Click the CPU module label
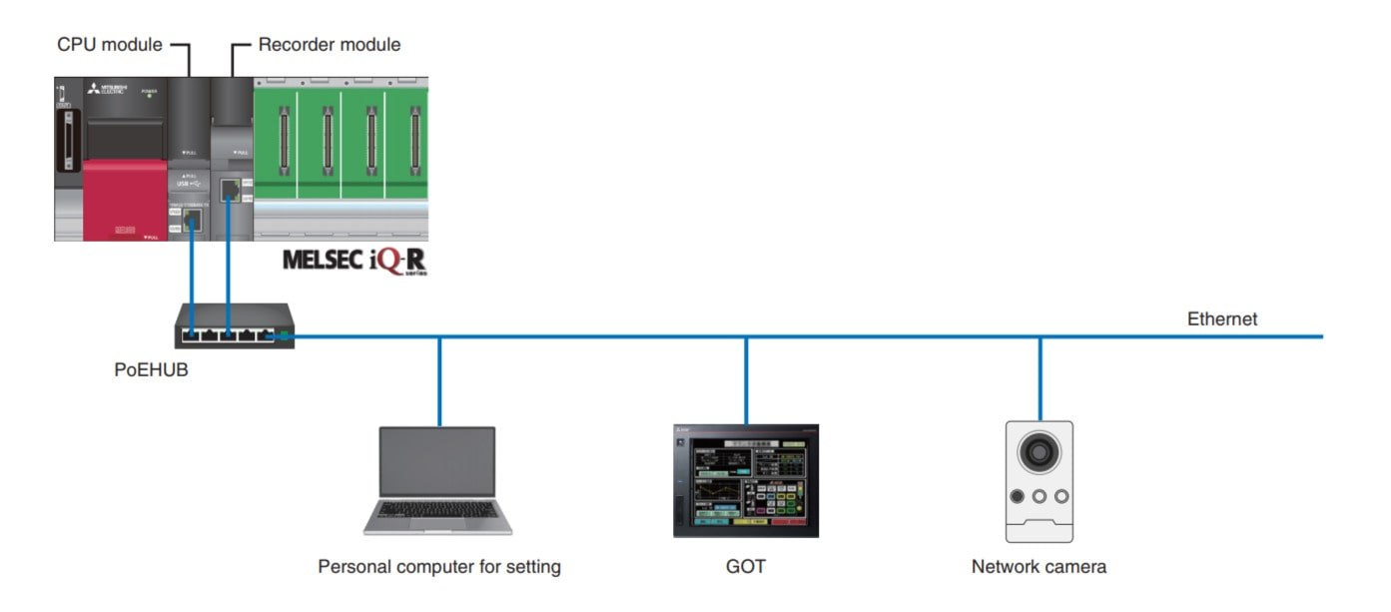point(109,45)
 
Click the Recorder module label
point(329,45)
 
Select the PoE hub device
point(234,326)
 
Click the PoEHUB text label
point(151,370)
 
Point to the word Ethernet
point(1221,319)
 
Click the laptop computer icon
point(437,480)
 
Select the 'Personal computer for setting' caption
point(439,567)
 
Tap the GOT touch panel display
point(745,481)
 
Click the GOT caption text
point(745,567)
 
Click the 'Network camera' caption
point(1039,567)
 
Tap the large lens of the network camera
point(1040,452)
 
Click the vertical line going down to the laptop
point(439,380)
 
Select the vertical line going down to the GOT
point(746,379)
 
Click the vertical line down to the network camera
point(1040,378)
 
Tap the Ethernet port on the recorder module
point(229,187)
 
